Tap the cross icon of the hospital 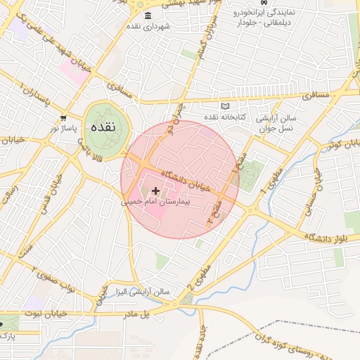pyautogui.click(x=155, y=191)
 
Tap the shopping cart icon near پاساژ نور pyautogui.click(x=64, y=119)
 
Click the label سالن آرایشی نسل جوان pyautogui.click(x=276, y=122)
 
